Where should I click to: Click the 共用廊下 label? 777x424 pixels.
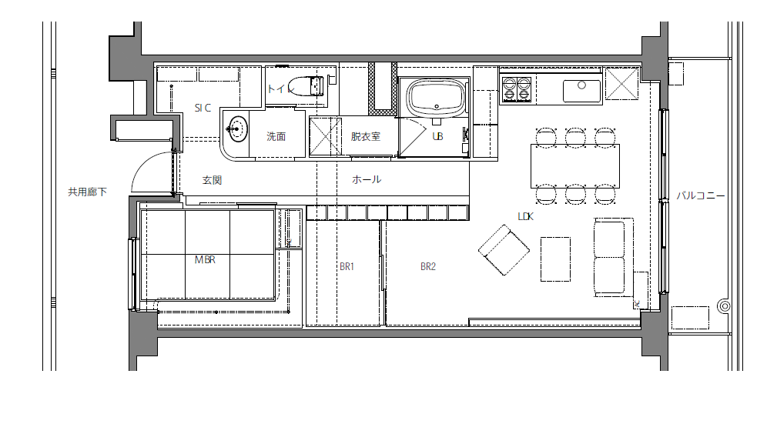pyautogui.click(x=87, y=192)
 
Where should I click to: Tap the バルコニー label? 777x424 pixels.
pyautogui.click(x=701, y=195)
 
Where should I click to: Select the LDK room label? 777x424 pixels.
pyautogui.click(x=526, y=216)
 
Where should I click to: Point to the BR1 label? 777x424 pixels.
pyautogui.click(x=347, y=266)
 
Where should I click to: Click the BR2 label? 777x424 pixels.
pyautogui.click(x=428, y=266)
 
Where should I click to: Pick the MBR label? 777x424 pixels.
pyautogui.click(x=205, y=259)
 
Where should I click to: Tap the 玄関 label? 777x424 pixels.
pyautogui.click(x=212, y=180)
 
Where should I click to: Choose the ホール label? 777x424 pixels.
pyautogui.click(x=367, y=179)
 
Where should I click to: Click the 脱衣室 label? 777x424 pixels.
pyautogui.click(x=366, y=136)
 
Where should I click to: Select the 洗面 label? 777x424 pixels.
pyautogui.click(x=276, y=136)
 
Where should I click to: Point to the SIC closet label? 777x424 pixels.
pyautogui.click(x=203, y=108)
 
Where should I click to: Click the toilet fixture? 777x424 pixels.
pyautogui.click(x=305, y=85)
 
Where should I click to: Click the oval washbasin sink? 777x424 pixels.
pyautogui.click(x=236, y=129)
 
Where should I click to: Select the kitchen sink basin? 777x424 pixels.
pyautogui.click(x=581, y=91)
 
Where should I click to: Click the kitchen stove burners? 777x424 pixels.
pyautogui.click(x=517, y=89)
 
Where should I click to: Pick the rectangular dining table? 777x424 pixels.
pyautogui.click(x=574, y=166)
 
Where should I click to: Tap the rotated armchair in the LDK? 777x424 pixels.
pyautogui.click(x=504, y=250)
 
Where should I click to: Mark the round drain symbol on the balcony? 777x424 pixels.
pyautogui.click(x=725, y=306)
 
